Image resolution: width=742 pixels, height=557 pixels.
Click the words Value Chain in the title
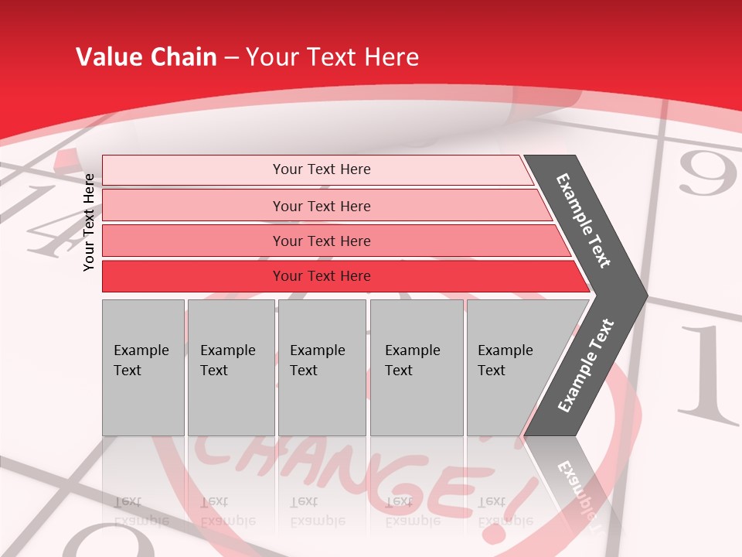tap(146, 57)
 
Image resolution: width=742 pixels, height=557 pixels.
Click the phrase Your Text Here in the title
tap(332, 57)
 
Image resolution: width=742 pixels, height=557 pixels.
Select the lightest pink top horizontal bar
tap(317, 169)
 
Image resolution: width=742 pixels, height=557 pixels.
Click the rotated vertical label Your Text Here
tap(89, 222)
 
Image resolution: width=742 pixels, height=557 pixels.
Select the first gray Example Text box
tap(142, 367)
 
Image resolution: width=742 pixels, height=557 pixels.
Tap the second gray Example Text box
tap(230, 367)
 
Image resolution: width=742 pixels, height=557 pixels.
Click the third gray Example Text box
tap(321, 367)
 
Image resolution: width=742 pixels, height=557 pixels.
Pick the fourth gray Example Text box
tap(416, 367)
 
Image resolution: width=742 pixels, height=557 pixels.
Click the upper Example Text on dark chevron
tap(584, 220)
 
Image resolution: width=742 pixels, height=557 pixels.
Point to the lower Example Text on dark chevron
tap(585, 366)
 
